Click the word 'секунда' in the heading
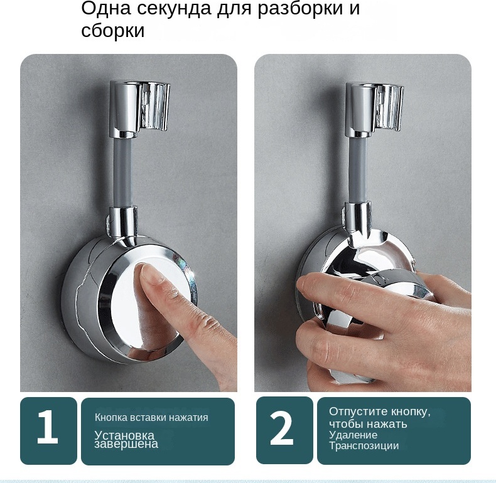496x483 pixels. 174,8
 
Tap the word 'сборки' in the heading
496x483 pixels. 112,31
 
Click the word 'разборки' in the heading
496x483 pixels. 300,9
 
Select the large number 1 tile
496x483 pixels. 48,431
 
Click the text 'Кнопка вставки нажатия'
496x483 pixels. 151,418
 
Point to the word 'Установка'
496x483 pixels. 124,435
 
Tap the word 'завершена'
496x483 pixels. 126,444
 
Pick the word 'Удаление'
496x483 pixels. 353,435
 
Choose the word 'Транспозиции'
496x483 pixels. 364,446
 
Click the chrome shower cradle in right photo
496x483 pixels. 375,107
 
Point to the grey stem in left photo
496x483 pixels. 123,172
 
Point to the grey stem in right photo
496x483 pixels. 359,171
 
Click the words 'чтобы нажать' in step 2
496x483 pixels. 368,424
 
